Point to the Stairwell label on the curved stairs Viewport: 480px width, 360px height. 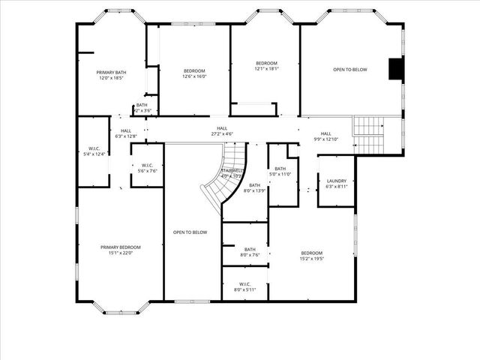[x=231, y=172]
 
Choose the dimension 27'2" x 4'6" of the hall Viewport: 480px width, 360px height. [x=222, y=134]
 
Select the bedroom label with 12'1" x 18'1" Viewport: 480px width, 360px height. [x=266, y=65]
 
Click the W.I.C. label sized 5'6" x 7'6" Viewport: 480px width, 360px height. [x=146, y=167]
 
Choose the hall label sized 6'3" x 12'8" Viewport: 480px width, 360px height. [x=126, y=133]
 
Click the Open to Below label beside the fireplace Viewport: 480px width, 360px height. [x=350, y=70]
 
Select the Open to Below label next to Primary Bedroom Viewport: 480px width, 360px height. [x=190, y=232]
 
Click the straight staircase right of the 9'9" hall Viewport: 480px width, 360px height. [x=367, y=133]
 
